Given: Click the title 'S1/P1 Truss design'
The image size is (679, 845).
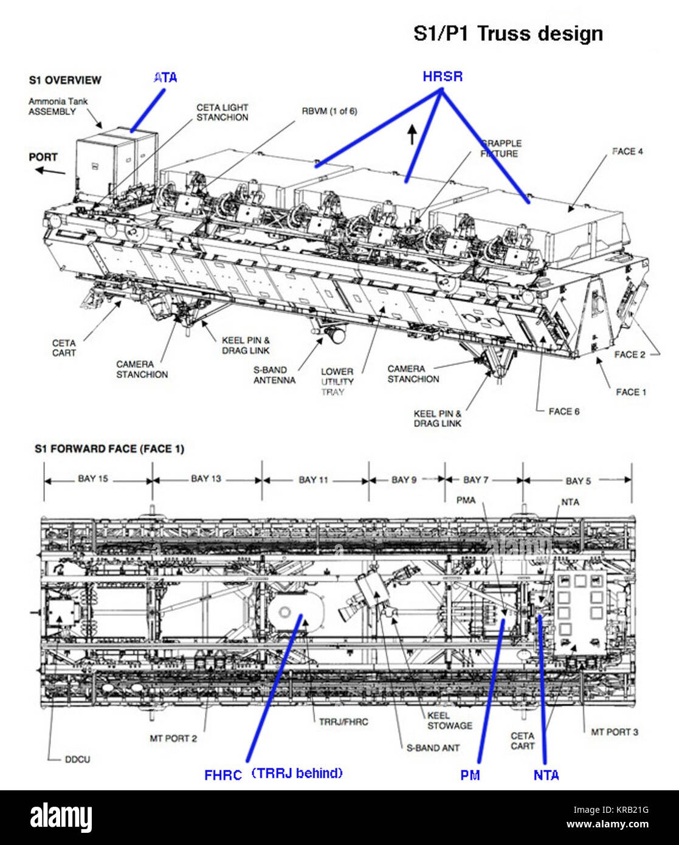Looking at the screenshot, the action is click(x=508, y=34).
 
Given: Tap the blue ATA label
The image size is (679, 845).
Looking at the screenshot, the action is click(x=165, y=78).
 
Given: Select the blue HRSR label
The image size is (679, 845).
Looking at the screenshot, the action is click(x=443, y=76).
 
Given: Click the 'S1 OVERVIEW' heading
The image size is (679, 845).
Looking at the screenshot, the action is click(x=65, y=80).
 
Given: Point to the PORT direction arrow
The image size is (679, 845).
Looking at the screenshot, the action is click(x=50, y=171).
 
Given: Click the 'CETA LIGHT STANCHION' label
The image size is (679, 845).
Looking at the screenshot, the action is click(x=222, y=112).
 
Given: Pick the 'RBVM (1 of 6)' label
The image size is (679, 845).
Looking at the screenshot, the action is click(x=329, y=111).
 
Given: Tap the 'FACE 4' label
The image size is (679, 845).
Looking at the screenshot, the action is click(x=627, y=151).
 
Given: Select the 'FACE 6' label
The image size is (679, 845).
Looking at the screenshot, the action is click(x=564, y=412).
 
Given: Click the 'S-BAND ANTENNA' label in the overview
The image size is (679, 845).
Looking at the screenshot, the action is click(x=275, y=375).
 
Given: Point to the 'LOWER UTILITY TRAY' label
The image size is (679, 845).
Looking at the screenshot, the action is click(x=337, y=381).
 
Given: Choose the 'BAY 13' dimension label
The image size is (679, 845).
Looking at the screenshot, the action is click(x=206, y=478).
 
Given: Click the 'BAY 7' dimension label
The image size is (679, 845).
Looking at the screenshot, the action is click(x=476, y=480).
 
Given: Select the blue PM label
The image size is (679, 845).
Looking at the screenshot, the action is click(x=470, y=775).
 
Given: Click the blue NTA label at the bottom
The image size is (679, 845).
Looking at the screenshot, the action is click(x=546, y=775).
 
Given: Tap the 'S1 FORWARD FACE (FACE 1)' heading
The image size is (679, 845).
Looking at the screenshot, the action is click(x=109, y=449).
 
